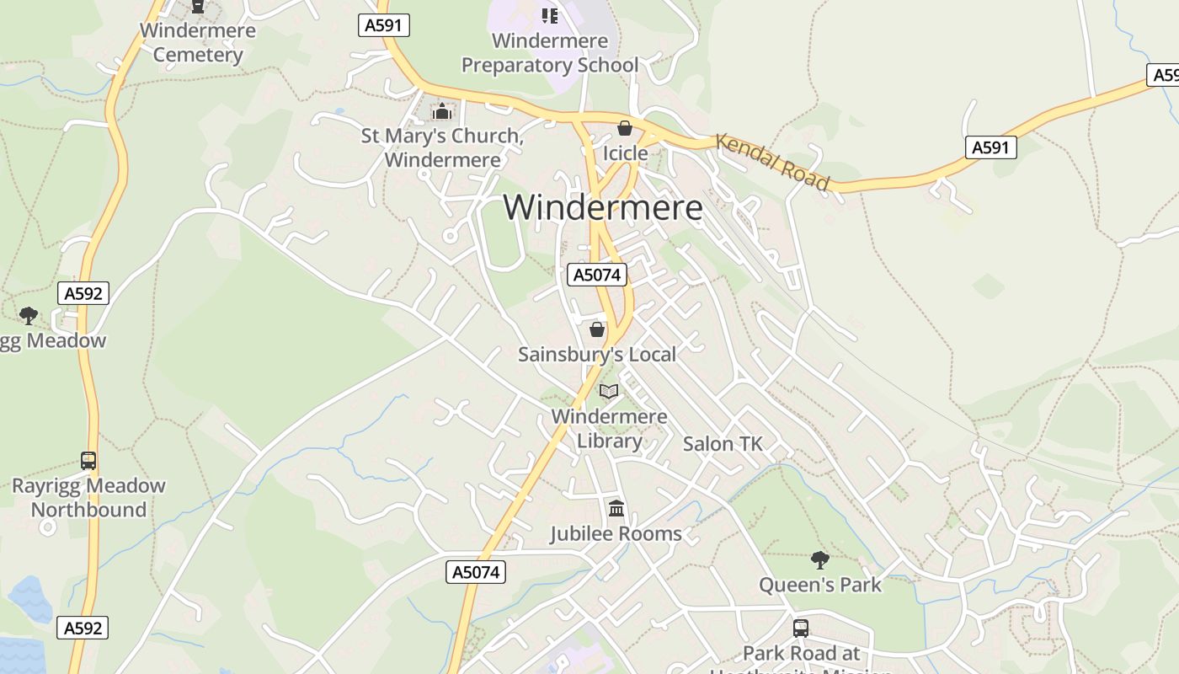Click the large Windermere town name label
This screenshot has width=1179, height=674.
pyautogui.click(x=603, y=207)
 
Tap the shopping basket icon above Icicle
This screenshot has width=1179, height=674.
pyautogui.click(x=625, y=128)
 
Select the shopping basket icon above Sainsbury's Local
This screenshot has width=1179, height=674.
pyautogui.click(x=597, y=329)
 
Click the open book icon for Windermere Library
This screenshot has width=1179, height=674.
pyautogui.click(x=609, y=391)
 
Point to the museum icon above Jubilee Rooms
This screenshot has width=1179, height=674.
pyautogui.click(x=616, y=509)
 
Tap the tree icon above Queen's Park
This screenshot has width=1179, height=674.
pyautogui.click(x=819, y=559)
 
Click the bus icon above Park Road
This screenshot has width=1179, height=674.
pyautogui.click(x=801, y=628)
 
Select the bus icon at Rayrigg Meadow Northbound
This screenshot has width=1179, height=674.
pyautogui.click(x=88, y=461)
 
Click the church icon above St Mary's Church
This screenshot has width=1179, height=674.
pyautogui.click(x=441, y=111)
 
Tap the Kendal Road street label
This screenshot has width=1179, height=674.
pyautogui.click(x=772, y=162)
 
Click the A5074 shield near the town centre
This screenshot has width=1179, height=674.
pyautogui.click(x=597, y=275)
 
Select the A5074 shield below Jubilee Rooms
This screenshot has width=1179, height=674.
pyautogui.click(x=476, y=572)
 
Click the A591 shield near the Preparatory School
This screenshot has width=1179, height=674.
pyautogui.click(x=384, y=25)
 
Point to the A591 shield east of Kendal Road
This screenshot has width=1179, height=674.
pyautogui.click(x=990, y=148)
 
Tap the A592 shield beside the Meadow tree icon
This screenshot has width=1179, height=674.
pyautogui.click(x=83, y=293)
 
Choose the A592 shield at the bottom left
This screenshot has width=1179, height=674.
pyautogui.click(x=83, y=628)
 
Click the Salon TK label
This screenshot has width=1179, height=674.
pyautogui.click(x=723, y=444)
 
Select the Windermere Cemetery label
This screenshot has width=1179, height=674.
pyautogui.click(x=197, y=43)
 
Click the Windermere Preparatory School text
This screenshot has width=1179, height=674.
pyautogui.click(x=550, y=52)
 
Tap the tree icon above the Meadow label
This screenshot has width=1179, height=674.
pyautogui.click(x=29, y=315)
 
